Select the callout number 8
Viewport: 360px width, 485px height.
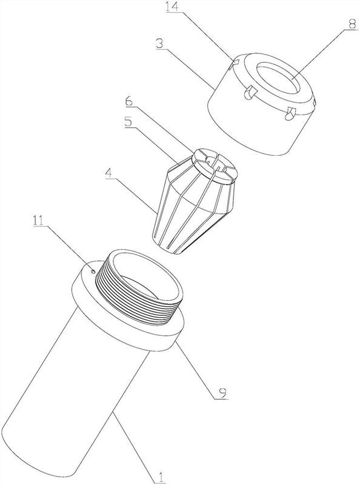pos(352,24)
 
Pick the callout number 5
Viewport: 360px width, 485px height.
pos(128,122)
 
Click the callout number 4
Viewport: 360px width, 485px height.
pos(109,173)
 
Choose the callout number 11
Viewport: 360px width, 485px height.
pos(39,221)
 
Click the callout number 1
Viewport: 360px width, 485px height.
pos(161,478)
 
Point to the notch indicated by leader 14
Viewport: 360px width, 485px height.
pos(234,63)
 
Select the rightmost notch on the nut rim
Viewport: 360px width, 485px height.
pos(315,104)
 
